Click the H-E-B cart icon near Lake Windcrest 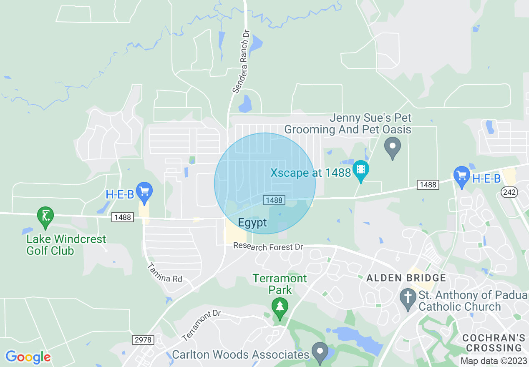point(144,191)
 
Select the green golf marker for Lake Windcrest point(45,216)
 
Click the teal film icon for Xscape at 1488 point(360,170)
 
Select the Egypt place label point(252,223)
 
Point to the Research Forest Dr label point(268,246)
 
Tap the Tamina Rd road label point(166,273)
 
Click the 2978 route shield point(143,340)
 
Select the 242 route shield point(510,192)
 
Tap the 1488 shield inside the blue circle point(274,200)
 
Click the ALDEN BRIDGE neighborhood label point(406,278)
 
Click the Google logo point(28,357)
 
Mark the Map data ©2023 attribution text point(494,361)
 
